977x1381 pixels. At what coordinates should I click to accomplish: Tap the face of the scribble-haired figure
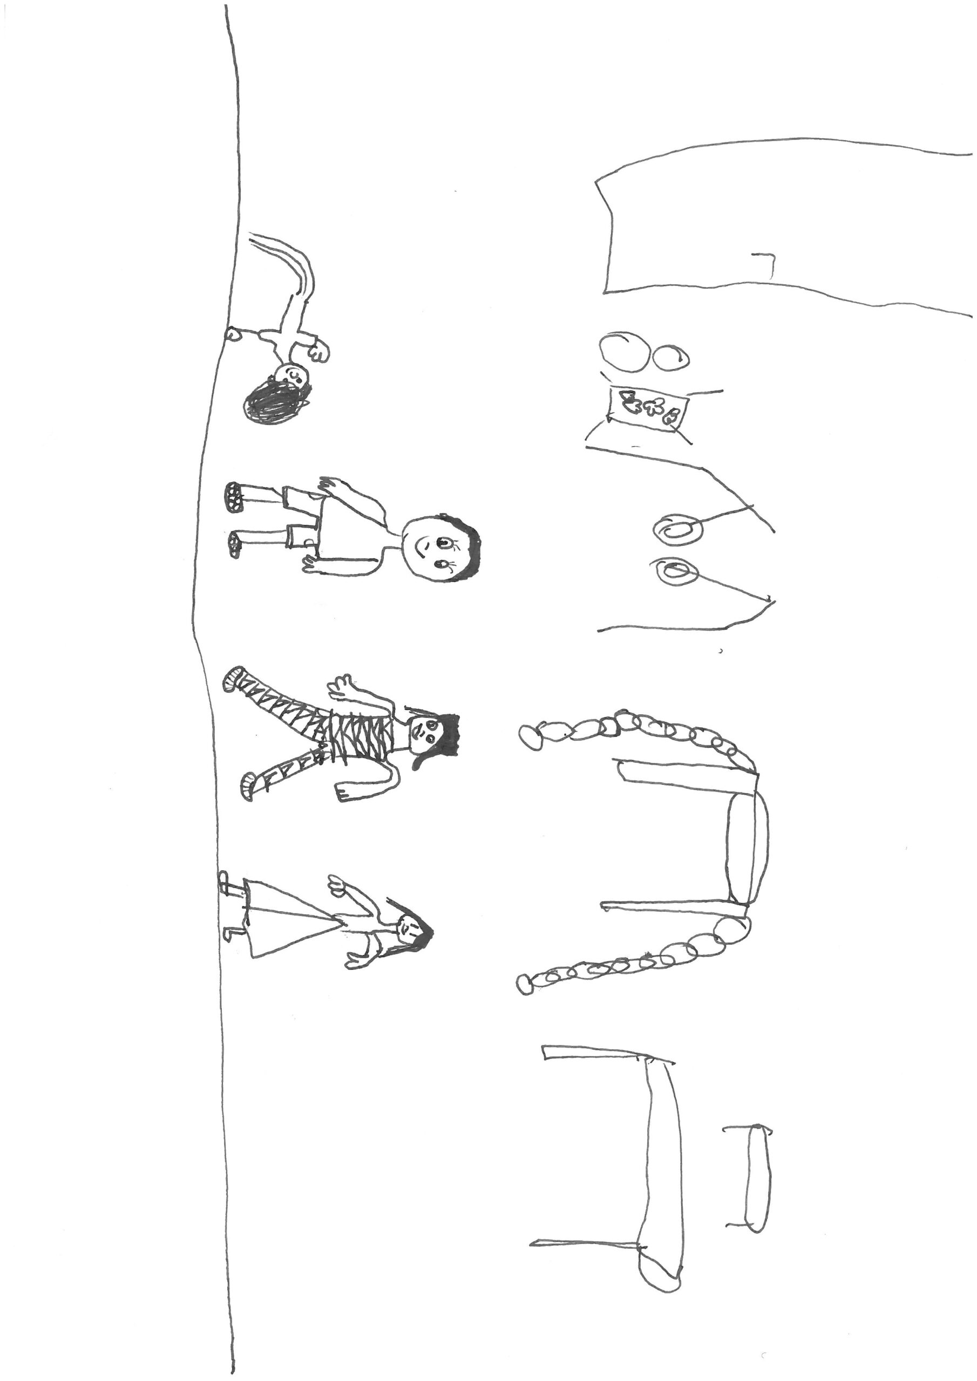[x=295, y=377]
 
